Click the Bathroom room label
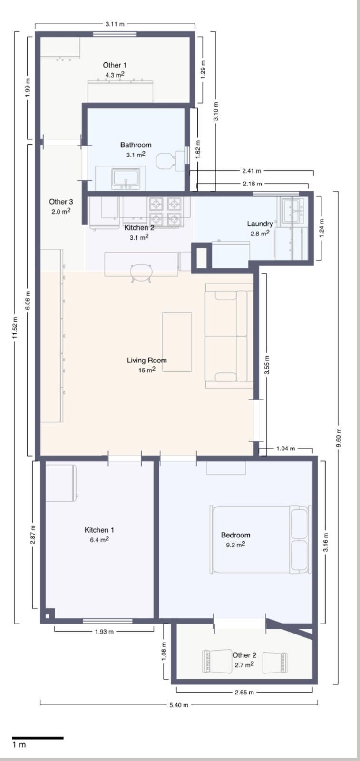click(x=136, y=145)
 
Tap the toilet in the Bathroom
click(x=170, y=160)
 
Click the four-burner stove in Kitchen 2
click(x=165, y=212)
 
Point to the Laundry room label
click(x=260, y=224)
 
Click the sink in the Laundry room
click(x=294, y=211)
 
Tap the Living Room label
click(x=147, y=360)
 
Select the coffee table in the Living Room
click(x=177, y=342)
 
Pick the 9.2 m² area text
click(x=236, y=545)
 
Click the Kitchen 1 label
click(x=99, y=530)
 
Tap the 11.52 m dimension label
click(x=15, y=327)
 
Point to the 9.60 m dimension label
click(x=338, y=438)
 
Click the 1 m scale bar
click(x=38, y=738)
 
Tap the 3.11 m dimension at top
click(x=115, y=24)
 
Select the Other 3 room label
click(x=61, y=202)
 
